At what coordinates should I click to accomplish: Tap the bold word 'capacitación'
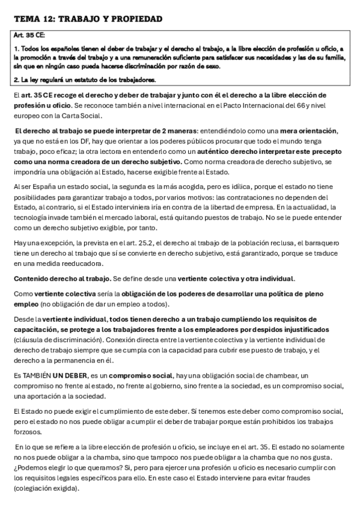(35, 330)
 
